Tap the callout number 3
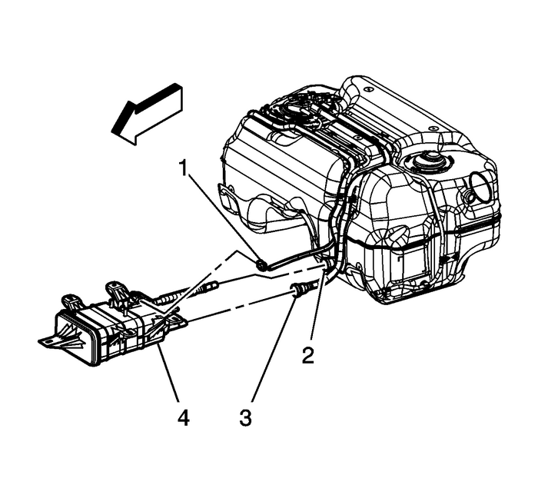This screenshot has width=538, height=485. pos(244,419)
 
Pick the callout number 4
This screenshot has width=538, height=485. pos(183,419)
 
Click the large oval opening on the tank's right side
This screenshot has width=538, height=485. pos(480,187)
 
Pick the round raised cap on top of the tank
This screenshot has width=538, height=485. pos(425,164)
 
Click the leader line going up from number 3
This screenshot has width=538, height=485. pos(269,354)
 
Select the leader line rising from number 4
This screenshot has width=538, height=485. pos(171,376)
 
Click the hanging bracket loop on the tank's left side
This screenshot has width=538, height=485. pos(227,195)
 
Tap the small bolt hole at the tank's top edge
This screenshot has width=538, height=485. pos(367,90)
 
